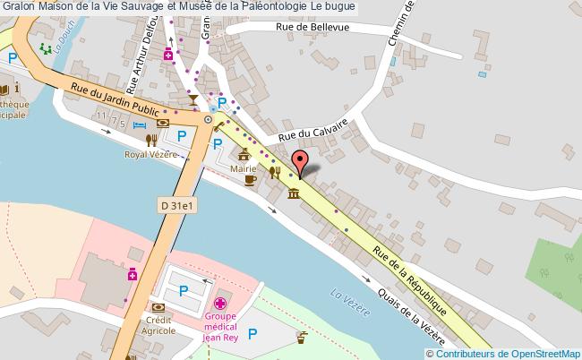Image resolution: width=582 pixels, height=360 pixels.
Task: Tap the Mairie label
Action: pos(244,167)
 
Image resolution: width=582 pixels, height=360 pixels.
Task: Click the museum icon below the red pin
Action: pos(293,195)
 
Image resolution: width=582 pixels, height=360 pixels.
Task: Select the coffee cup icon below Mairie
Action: pos(251,179)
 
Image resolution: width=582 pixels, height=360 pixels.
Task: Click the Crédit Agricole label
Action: pos(158,325)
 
